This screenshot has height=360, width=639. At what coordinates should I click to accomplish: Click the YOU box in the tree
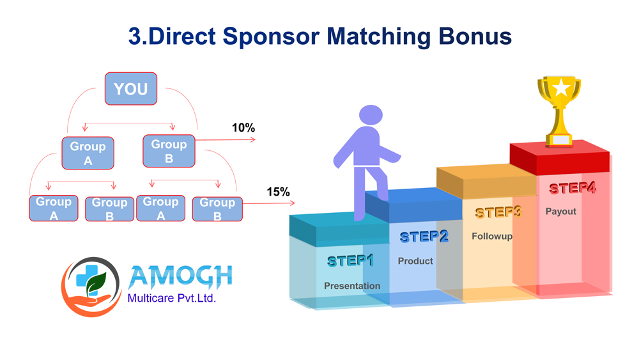[131, 89]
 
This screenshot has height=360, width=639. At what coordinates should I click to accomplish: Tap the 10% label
[243, 128]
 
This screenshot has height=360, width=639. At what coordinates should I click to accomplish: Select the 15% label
[279, 192]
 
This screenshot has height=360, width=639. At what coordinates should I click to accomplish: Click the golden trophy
[559, 111]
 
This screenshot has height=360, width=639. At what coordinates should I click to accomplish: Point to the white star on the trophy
[561, 87]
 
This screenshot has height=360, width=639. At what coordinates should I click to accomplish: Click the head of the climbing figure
[371, 114]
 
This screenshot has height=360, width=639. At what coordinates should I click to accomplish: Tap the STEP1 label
[350, 261]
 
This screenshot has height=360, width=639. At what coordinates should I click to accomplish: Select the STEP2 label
[424, 237]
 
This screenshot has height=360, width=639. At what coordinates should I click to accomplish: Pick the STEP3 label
[498, 212]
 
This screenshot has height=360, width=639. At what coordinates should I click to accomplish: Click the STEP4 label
[572, 188]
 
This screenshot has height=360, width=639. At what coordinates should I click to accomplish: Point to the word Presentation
[352, 286]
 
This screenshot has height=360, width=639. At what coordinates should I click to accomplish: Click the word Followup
[492, 237]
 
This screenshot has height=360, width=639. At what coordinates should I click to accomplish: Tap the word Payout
[561, 212]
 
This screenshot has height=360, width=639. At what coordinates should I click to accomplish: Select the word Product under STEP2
[415, 261]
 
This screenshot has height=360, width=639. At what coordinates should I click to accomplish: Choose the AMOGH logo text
[180, 277]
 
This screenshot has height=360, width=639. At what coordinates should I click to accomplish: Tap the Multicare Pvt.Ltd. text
[171, 299]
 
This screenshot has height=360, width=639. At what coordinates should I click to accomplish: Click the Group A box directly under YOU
[88, 153]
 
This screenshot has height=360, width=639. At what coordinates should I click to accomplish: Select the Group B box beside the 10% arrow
[169, 151]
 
